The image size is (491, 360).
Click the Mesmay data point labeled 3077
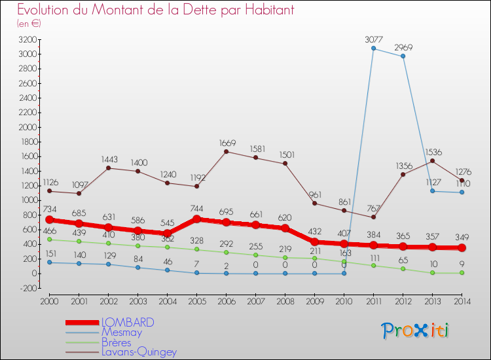pyautogui.click(x=373, y=48)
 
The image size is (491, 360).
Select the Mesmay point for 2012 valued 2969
pyautogui.click(x=403, y=56)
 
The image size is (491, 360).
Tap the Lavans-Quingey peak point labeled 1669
pyautogui.click(x=226, y=152)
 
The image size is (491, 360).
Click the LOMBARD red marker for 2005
pyautogui.click(x=196, y=219)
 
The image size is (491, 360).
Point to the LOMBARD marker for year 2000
pyautogui.click(x=49, y=220)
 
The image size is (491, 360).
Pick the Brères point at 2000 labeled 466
pyautogui.click(x=49, y=240)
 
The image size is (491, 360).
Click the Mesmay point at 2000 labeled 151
pyautogui.click(x=49, y=262)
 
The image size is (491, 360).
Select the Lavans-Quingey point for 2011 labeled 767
pyautogui.click(x=373, y=217)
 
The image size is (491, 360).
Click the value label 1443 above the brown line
pyautogui.click(x=109, y=160)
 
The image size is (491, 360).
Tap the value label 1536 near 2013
pyautogui.click(x=433, y=153)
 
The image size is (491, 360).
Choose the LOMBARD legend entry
pyautogui.click(x=128, y=323)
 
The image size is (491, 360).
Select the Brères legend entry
pyautogui.click(x=117, y=342)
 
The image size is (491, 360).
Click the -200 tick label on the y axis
pyautogui.click(x=26, y=288)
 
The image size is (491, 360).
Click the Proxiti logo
pyautogui.click(x=416, y=331)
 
